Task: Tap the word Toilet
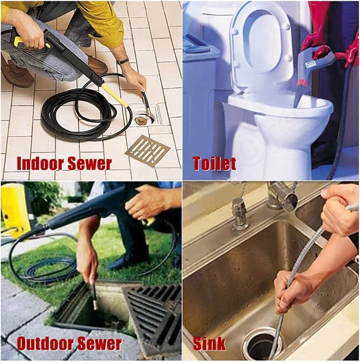(x=214, y=163)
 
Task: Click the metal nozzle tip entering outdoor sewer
(x=95, y=300)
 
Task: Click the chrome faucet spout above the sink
(x=281, y=194)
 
